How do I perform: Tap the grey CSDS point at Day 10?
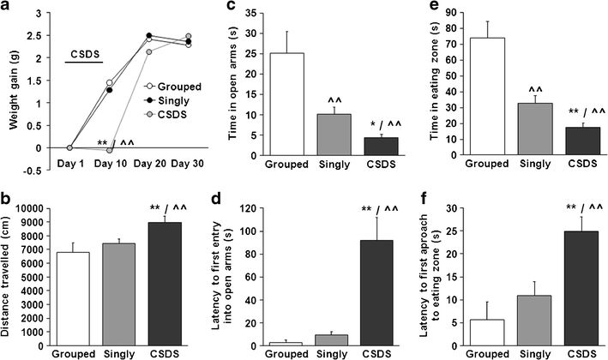(109, 150)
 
